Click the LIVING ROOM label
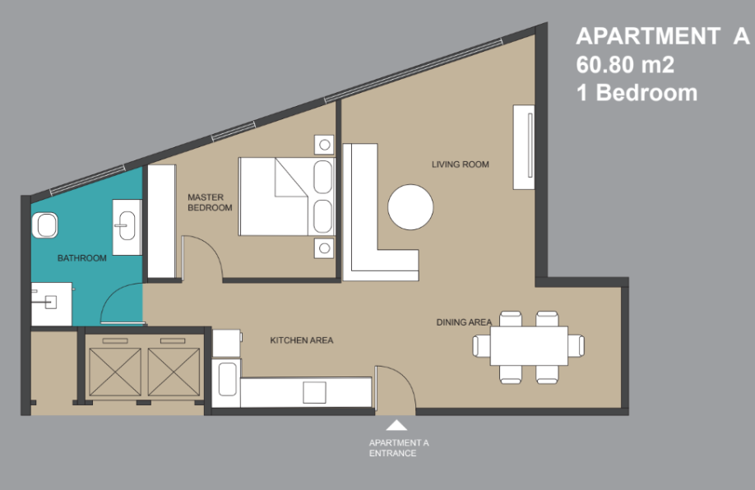(461, 164)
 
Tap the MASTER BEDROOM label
(210, 202)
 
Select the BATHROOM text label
(82, 258)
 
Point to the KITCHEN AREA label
(301, 340)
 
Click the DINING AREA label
(464, 322)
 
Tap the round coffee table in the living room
(410, 207)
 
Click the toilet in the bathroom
(44, 225)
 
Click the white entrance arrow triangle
(396, 425)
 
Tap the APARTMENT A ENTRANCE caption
(399, 447)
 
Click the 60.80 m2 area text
(625, 64)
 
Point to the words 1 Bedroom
(637, 92)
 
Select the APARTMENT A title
(663, 36)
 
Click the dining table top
(529, 345)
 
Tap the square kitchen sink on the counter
(314, 392)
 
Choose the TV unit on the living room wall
(524, 147)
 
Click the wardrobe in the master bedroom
(161, 221)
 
